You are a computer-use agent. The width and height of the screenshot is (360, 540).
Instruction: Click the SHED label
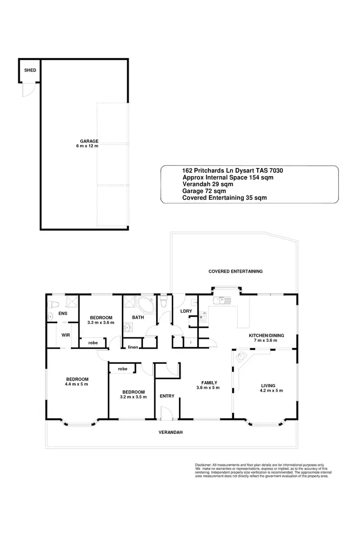[x=30, y=71]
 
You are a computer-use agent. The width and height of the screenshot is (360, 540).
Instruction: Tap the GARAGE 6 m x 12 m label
[x=86, y=144]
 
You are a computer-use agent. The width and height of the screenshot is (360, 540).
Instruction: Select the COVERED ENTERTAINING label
[x=235, y=271]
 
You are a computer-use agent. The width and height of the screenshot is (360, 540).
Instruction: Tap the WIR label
[x=66, y=336]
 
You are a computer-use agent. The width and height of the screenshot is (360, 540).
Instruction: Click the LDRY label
[x=186, y=312]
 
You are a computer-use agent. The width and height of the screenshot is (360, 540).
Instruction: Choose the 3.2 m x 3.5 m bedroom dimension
[x=133, y=397]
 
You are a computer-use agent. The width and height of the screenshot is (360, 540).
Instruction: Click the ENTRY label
[x=167, y=396]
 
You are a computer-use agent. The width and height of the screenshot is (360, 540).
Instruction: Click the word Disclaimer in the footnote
[x=204, y=465]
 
